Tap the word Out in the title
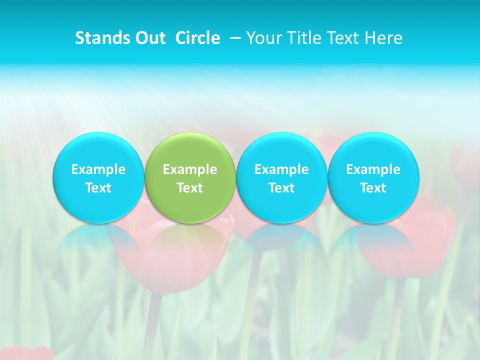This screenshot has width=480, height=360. click(149, 38)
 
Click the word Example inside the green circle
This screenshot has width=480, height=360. click(190, 169)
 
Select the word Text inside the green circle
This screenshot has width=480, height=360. click(190, 188)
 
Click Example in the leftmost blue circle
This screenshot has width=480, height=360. click(98, 169)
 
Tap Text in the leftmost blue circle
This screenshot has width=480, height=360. click(98, 188)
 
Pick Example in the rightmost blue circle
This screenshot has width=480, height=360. click(373, 169)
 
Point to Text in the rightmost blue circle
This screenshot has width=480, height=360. click(373, 188)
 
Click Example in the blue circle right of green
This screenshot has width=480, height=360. click(282, 169)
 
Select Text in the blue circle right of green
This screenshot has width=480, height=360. click(282, 188)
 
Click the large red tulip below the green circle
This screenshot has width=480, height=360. click(170, 265)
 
